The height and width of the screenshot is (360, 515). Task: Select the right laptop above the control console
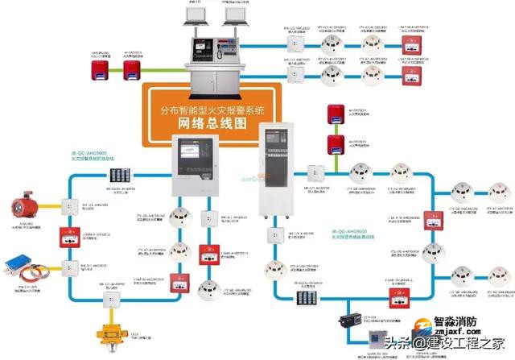click(235, 14)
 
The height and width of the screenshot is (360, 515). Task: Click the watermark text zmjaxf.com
click(455, 330)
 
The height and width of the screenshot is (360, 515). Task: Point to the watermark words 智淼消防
click(459, 319)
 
